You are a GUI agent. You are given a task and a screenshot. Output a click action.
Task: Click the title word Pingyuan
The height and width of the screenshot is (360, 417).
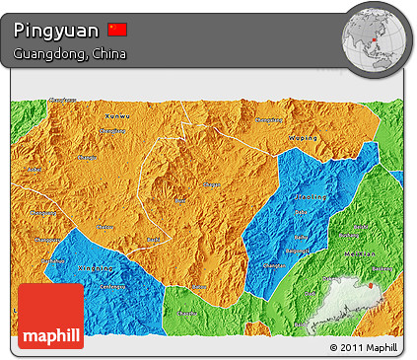(56, 31)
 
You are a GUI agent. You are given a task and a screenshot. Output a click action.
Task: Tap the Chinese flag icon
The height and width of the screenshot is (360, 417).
(118, 30)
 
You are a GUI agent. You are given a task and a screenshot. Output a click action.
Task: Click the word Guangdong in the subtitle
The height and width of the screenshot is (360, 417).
(47, 53)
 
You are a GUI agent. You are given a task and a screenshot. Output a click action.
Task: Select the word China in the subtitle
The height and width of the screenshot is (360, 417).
(107, 53)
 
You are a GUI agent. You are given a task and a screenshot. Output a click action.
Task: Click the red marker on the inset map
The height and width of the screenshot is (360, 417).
(372, 287)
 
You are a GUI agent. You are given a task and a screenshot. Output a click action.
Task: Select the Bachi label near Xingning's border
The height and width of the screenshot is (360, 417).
(152, 240)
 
